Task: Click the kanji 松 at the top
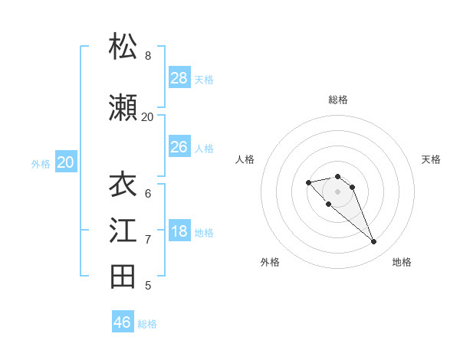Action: coord(123,47)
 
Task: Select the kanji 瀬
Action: coord(123,108)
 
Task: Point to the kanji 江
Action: coord(123,231)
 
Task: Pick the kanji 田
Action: coord(123,277)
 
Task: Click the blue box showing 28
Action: coord(179,78)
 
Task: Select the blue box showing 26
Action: coord(179,147)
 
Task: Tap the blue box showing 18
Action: coord(179,231)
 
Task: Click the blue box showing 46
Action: coord(122,322)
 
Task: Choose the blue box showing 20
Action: coord(66,162)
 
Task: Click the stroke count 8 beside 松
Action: coord(148,56)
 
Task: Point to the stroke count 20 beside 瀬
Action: coord(147,117)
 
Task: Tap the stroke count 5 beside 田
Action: coord(148,286)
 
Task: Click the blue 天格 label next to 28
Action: coord(204,79)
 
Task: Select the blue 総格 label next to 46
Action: coord(147,323)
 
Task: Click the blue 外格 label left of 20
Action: coord(41,163)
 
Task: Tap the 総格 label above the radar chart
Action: coord(338,100)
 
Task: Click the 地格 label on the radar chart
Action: coord(402,262)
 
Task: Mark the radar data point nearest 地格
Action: coord(373,242)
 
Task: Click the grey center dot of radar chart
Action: coord(337,191)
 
